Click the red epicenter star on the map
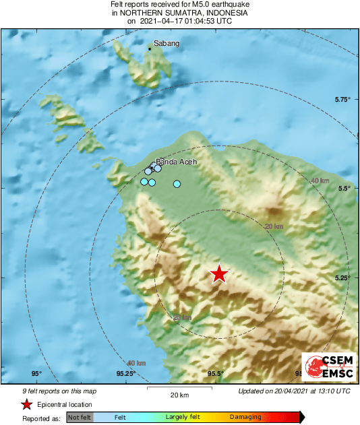coord(219,273)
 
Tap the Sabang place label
coord(167,44)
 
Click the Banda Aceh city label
coord(177,162)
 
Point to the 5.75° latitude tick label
coord(342,100)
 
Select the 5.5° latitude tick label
coord(344,189)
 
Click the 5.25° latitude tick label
coord(342,277)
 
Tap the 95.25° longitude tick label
coord(126,374)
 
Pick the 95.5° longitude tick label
coord(216,374)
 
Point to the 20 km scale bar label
coord(179,394)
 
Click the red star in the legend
coord(26,405)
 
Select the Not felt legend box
coord(79,418)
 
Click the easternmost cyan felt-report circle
coord(177,184)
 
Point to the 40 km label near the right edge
coord(320,181)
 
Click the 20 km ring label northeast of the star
coord(274,227)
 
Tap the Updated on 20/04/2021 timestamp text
coord(294,391)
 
